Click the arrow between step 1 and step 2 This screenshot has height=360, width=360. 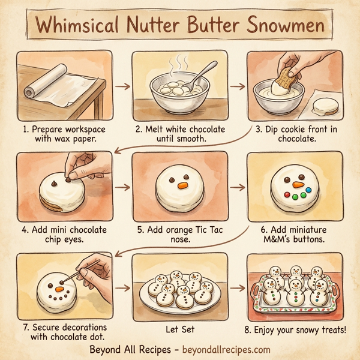click(122, 86)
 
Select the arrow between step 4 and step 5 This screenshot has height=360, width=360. click(122, 187)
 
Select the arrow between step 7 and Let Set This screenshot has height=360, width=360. click(122, 287)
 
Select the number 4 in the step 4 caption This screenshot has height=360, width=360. click(24, 228)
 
